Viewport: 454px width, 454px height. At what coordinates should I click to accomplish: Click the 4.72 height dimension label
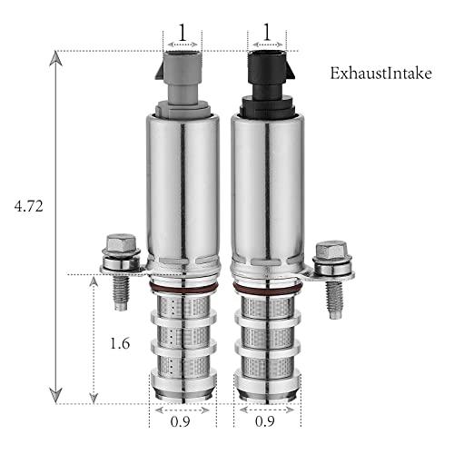tap(29, 206)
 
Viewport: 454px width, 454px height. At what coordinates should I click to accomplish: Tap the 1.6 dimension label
tap(120, 343)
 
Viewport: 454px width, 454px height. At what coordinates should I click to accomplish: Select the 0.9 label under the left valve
tap(180, 421)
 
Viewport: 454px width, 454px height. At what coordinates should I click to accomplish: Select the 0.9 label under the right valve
tap(265, 421)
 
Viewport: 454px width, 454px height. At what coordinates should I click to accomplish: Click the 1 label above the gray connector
tap(183, 33)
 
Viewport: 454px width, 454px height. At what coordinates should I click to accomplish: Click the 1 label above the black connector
tap(267, 33)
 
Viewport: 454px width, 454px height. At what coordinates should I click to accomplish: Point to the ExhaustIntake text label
tap(380, 74)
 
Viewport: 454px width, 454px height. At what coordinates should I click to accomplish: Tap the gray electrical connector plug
tap(182, 84)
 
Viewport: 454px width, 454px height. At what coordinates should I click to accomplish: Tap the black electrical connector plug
tap(268, 84)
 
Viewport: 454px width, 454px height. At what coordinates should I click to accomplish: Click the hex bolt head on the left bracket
tap(121, 242)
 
